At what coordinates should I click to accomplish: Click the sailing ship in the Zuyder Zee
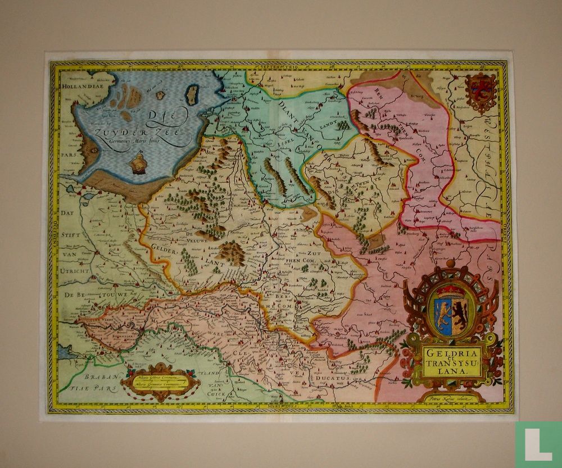137,164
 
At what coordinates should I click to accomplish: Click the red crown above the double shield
452,291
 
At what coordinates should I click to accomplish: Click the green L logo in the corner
538,444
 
